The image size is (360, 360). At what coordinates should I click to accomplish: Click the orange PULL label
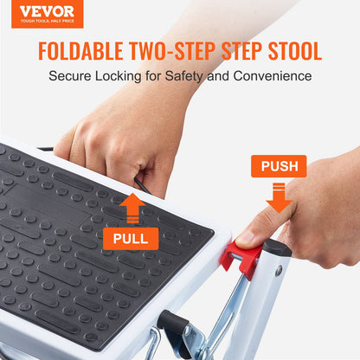click(x=130, y=237)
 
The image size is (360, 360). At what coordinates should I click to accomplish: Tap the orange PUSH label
click(x=279, y=165)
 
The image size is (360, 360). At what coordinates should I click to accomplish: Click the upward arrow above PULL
click(x=131, y=208)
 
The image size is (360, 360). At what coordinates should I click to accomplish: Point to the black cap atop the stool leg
click(x=277, y=247)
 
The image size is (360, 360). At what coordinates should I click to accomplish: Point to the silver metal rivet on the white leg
click(x=279, y=271)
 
